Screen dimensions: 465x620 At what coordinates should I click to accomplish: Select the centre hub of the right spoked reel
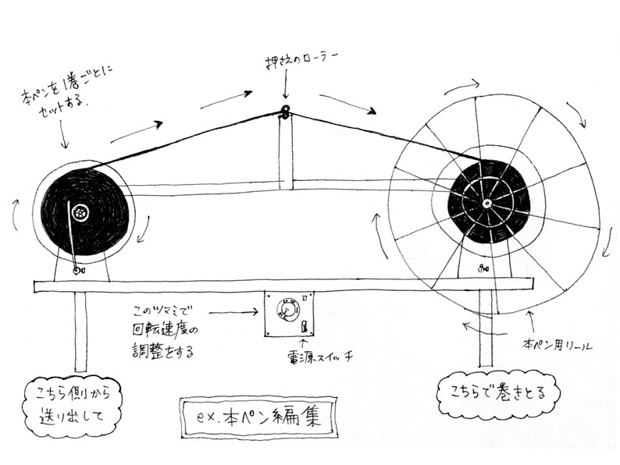point(486,204)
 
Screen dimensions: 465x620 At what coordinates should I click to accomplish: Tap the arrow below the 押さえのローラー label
point(286,88)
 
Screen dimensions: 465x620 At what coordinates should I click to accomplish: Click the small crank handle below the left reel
point(77,269)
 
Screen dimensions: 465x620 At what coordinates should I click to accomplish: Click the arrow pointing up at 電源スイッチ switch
point(305,341)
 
